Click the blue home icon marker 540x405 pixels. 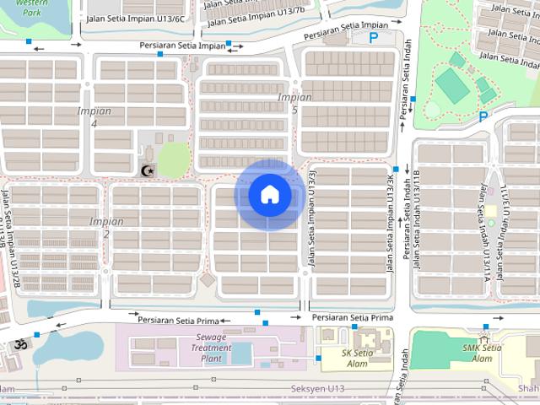point(269,194)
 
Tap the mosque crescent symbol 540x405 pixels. point(148,170)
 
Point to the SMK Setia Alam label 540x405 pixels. point(483,353)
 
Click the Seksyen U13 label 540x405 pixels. point(318,388)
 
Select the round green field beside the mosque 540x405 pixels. point(174,159)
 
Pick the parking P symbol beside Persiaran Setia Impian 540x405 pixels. point(373,37)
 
